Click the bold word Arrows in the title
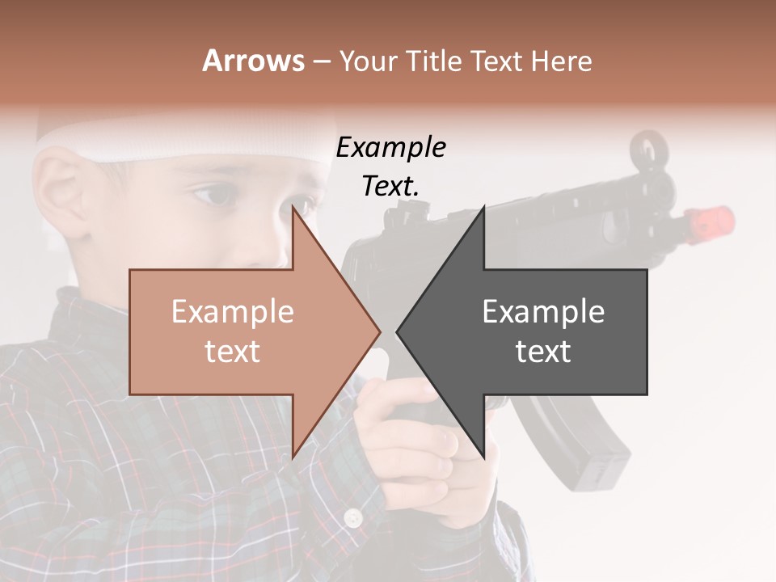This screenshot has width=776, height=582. (254, 61)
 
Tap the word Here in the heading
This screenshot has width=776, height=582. (561, 61)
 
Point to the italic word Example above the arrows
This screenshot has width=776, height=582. (391, 148)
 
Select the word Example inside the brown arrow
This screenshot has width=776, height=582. (233, 311)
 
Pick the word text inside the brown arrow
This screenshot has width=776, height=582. (233, 352)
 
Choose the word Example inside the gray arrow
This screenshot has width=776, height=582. (543, 311)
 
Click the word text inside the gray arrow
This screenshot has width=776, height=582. (543, 352)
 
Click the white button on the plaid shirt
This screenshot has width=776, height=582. (352, 517)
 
